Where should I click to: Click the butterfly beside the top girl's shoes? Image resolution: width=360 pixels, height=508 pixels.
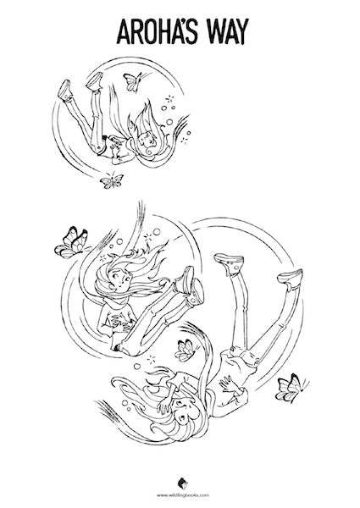tap(130, 80)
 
